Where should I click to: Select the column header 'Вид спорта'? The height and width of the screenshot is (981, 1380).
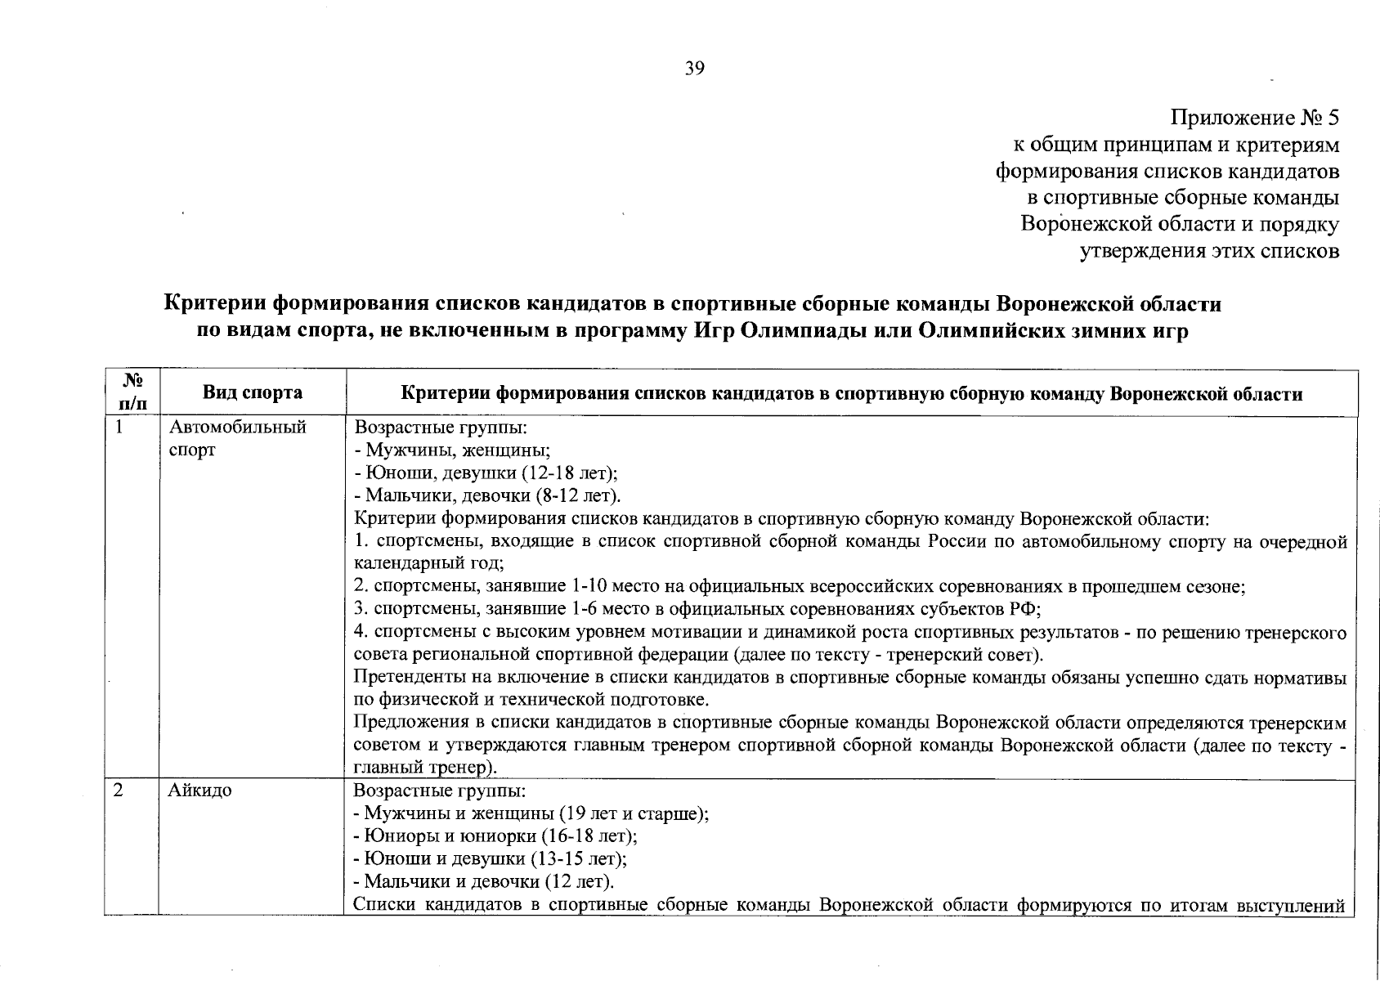(253, 392)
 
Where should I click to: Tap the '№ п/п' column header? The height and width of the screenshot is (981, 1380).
(132, 392)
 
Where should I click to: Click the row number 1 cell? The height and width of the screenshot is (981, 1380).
(119, 427)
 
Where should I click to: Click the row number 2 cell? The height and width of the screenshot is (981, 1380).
(119, 791)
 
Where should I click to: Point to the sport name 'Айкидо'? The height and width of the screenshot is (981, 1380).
(200, 791)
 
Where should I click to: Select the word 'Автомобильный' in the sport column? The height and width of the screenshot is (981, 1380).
(237, 427)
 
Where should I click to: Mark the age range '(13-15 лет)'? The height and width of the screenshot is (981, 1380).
(580, 859)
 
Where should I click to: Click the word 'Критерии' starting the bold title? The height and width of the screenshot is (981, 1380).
(214, 304)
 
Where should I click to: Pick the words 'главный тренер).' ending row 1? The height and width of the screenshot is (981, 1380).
(424, 768)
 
